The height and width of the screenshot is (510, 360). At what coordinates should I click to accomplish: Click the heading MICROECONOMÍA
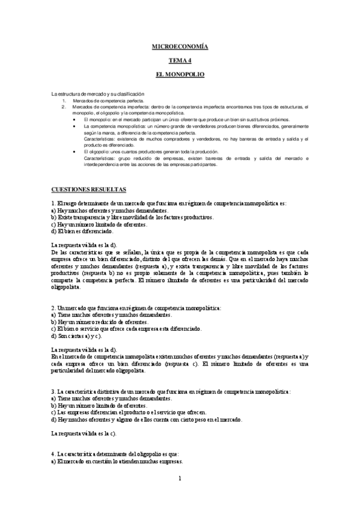(180, 46)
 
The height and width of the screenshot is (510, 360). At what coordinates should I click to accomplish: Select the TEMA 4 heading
(180, 61)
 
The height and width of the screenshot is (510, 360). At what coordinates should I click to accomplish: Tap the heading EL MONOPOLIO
(180, 75)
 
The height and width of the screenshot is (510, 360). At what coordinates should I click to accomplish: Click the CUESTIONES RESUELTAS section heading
(89, 189)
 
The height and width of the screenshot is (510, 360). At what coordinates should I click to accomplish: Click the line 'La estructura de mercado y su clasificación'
(98, 94)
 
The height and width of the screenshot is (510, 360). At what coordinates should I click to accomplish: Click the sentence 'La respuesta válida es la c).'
(84, 433)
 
